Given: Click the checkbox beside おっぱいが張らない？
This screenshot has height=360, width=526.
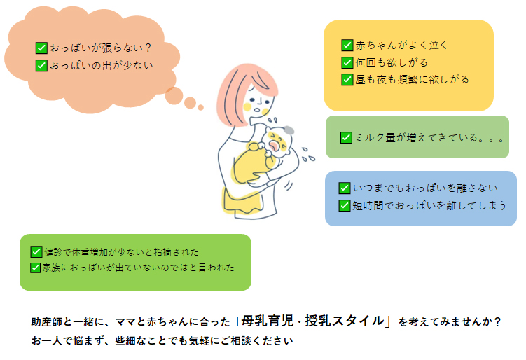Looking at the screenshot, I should click(x=41, y=48).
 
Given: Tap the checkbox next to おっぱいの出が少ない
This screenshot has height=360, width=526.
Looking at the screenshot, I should click(x=41, y=66).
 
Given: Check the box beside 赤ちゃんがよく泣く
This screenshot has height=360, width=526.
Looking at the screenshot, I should click(x=347, y=46).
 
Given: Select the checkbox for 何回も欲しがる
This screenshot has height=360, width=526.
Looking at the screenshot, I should click(x=347, y=62).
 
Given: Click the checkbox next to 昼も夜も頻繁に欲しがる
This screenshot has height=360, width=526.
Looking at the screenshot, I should click(x=347, y=79).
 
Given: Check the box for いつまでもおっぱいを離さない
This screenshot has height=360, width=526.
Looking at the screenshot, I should click(x=345, y=188).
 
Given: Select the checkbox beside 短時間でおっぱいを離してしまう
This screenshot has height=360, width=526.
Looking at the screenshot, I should click(x=345, y=205).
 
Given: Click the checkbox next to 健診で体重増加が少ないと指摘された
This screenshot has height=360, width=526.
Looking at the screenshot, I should click(x=36, y=251).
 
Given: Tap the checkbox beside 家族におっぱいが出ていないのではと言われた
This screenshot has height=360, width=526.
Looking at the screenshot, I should click(x=36, y=267).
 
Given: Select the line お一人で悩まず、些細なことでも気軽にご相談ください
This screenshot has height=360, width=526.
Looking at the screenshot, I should click(x=161, y=342).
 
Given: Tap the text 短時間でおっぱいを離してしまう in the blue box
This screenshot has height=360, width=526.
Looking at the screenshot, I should click(x=429, y=205).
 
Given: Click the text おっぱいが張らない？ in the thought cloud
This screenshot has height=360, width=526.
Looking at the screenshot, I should click(x=101, y=48).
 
